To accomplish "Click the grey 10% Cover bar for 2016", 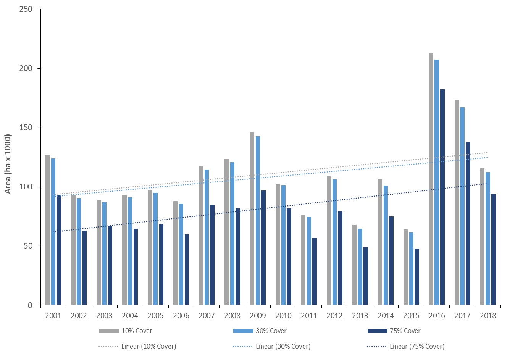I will point(431,179).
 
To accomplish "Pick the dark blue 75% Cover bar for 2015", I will point(417,277).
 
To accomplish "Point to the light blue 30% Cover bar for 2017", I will point(462,206).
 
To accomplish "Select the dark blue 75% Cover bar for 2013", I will point(365,276).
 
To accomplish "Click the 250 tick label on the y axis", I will point(26,9).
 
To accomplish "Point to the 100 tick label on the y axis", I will point(26,187).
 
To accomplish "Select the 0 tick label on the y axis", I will point(30,305).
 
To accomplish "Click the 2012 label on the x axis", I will point(334,316).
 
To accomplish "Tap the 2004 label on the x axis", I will point(130,316).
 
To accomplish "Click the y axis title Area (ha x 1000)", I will point(8,164).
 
